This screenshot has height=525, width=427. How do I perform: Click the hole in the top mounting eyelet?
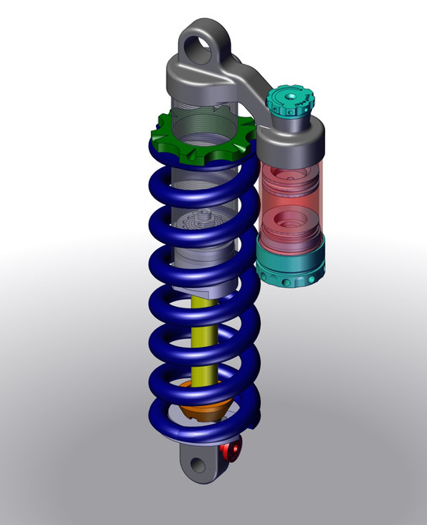[x=200, y=47]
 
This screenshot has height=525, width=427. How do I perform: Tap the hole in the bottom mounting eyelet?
[x=198, y=465]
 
